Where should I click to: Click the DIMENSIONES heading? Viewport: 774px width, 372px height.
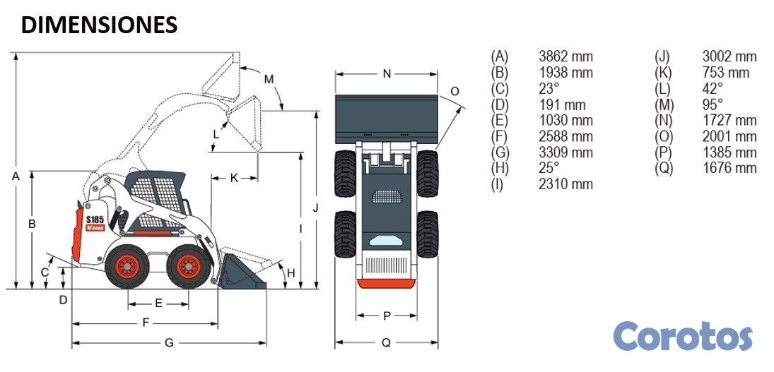pos(99,25)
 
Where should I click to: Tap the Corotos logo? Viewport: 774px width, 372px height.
pos(683,336)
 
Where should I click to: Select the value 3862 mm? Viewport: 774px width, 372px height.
pos(565,56)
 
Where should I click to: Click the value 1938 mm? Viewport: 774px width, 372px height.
pos(565,73)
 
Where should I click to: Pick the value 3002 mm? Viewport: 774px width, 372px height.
pos(729,56)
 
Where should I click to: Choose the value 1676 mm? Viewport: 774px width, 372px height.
pos(729,168)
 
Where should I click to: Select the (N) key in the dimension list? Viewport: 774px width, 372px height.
pos(663,121)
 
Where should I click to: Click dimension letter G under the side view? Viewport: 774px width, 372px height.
pos(169,343)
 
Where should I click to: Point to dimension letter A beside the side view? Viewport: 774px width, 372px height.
pos(16,176)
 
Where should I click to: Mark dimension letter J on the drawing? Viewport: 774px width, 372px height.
pos(316,208)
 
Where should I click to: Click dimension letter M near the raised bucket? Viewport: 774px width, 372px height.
pos(269,79)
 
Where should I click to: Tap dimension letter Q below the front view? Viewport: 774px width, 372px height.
pos(386,343)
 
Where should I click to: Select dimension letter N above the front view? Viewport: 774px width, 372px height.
pos(386,73)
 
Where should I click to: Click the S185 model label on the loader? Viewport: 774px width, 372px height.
pos(95,219)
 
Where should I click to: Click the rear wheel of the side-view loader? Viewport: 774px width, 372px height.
pos(128,266)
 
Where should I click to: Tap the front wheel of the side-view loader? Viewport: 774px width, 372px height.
pos(188,266)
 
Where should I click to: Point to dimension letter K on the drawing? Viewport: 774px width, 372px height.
pos(234,178)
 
